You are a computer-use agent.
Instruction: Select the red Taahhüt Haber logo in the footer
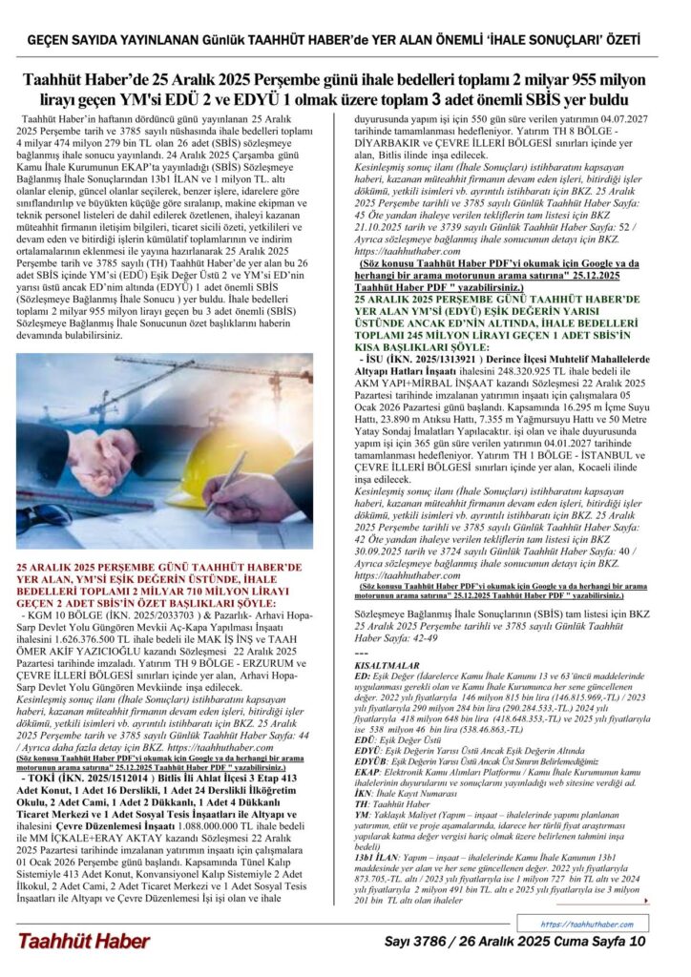click(x=83, y=941)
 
